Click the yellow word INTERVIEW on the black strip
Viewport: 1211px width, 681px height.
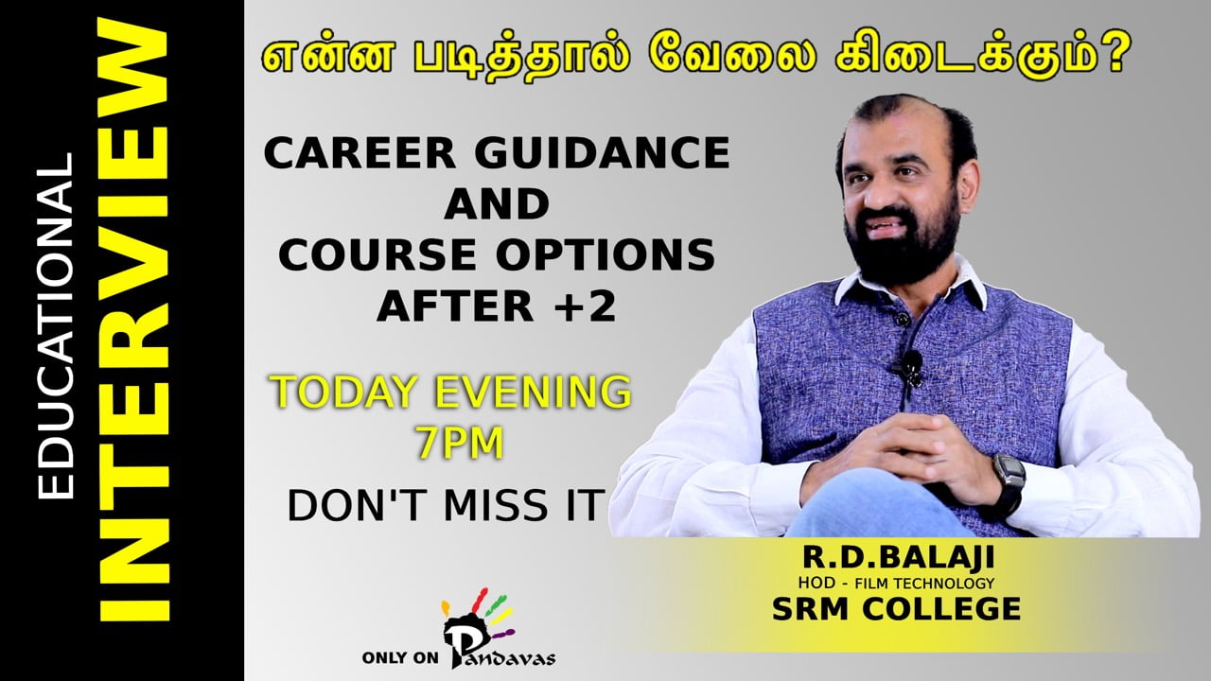[x=134, y=320]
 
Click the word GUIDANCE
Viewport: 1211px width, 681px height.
[x=603, y=153]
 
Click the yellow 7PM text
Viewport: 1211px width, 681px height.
[x=460, y=443]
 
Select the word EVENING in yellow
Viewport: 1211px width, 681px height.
[x=533, y=392]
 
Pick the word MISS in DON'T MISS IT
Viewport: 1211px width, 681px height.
[x=495, y=505]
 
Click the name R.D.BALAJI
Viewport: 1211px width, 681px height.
[x=898, y=557]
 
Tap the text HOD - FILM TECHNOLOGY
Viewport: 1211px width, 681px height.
[x=896, y=584]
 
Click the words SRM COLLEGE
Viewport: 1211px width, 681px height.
[x=896, y=609]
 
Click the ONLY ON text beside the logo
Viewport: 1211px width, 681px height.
[x=400, y=657]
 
